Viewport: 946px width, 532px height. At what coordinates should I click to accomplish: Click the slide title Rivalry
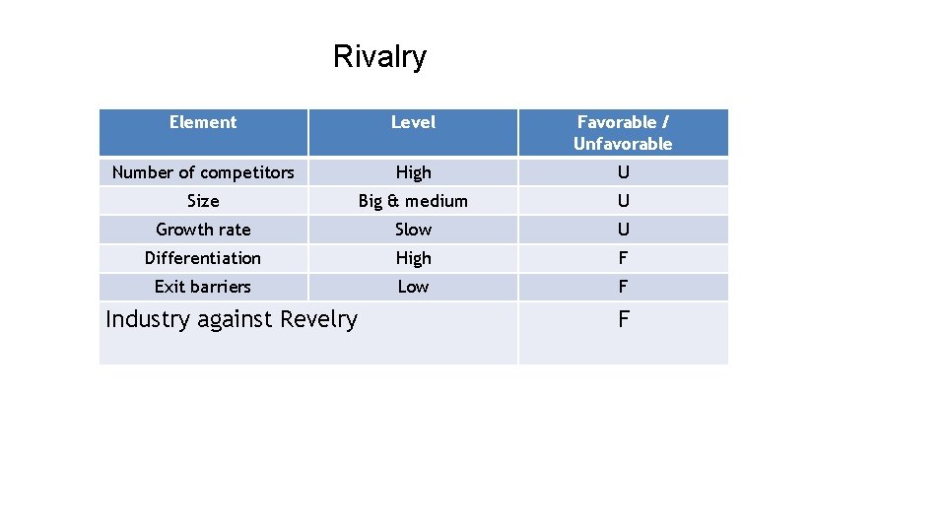pyautogui.click(x=379, y=57)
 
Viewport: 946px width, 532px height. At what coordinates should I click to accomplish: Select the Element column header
pyautogui.click(x=203, y=122)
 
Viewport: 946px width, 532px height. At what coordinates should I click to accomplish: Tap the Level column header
pyautogui.click(x=413, y=122)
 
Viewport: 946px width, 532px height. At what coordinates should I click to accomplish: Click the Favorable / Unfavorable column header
pyautogui.click(x=623, y=133)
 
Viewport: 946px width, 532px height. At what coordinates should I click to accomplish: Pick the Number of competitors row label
pyautogui.click(x=203, y=172)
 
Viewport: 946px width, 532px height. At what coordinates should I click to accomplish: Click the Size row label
pyautogui.click(x=203, y=201)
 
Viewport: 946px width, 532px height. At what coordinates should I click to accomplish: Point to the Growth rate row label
pyautogui.click(x=203, y=230)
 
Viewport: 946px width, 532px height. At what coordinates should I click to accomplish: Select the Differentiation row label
pyautogui.click(x=203, y=258)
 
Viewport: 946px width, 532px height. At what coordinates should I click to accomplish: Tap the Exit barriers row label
pyautogui.click(x=203, y=287)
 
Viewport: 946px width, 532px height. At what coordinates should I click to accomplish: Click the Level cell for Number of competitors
pyautogui.click(x=413, y=172)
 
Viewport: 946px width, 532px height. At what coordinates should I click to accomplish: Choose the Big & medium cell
pyautogui.click(x=413, y=201)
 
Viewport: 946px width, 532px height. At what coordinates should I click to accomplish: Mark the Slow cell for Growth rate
pyautogui.click(x=413, y=230)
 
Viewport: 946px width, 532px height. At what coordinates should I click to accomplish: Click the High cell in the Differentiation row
pyautogui.click(x=413, y=258)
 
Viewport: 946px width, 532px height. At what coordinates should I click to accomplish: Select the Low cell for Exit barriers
pyautogui.click(x=413, y=287)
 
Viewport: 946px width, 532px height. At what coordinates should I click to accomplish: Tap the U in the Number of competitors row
pyautogui.click(x=623, y=172)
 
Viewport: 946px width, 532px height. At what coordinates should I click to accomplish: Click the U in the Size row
pyautogui.click(x=623, y=201)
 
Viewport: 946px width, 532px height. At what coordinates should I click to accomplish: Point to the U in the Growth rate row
pyautogui.click(x=623, y=230)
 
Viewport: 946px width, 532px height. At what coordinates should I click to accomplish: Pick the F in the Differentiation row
pyautogui.click(x=623, y=258)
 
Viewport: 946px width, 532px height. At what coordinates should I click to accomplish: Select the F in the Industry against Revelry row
pyautogui.click(x=623, y=319)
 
